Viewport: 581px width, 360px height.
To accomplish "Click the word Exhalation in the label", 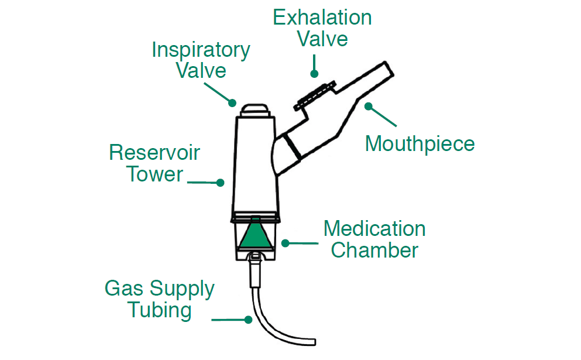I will pos(322,18).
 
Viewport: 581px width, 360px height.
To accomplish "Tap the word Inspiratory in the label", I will pos(201,50).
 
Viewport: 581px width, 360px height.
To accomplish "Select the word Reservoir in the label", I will pos(154,153).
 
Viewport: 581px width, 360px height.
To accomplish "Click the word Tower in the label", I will pos(155,174).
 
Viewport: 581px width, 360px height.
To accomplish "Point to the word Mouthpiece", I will pos(420,143).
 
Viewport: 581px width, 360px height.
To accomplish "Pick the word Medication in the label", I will pos(374,228).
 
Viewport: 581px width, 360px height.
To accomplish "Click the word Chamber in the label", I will pos(374,250).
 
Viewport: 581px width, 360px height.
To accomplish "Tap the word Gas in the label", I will pos(122,289).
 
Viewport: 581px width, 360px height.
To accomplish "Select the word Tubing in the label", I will pos(159,310).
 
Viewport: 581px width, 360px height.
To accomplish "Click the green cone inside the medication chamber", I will pos(255,234).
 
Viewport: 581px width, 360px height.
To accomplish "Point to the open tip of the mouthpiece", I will pos(388,68).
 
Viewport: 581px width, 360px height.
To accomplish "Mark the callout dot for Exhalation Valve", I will pos(314,74).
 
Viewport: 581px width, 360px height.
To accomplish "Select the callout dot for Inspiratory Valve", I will pos(232,104).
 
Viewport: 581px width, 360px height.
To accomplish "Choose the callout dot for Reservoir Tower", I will pos(221,183).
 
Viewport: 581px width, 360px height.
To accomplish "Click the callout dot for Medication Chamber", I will pos(285,242).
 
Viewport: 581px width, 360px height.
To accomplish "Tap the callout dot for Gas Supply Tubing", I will pos(248,320).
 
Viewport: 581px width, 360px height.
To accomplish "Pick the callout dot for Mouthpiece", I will pos(368,106).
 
